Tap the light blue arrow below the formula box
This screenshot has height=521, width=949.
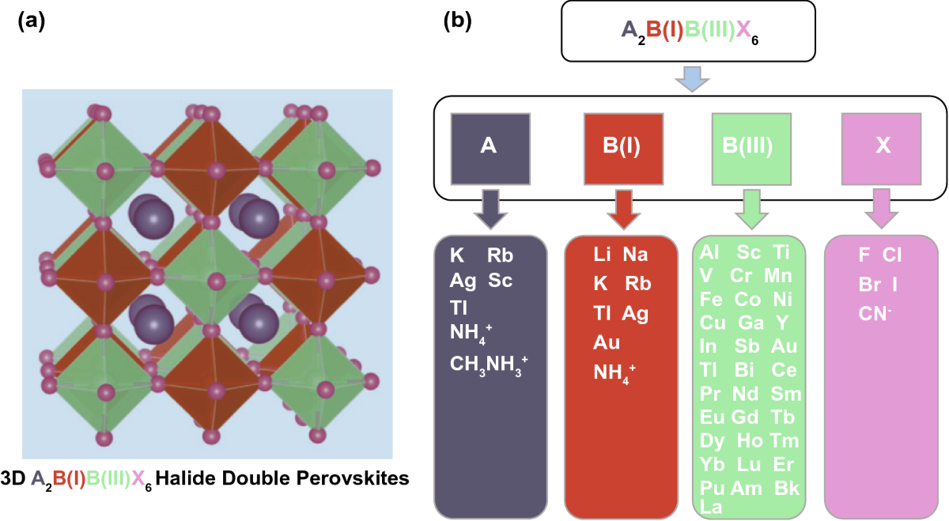(692, 78)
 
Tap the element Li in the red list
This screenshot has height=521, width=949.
(603, 255)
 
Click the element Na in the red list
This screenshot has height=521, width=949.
(636, 255)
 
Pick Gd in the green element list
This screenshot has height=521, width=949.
(746, 417)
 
